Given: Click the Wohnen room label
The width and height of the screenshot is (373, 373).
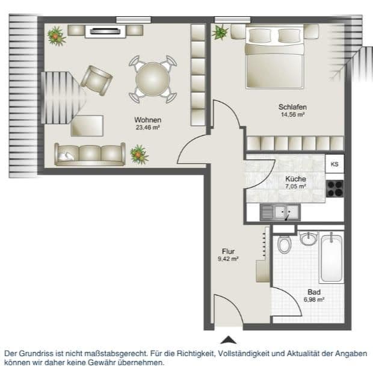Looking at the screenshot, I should point(147,120).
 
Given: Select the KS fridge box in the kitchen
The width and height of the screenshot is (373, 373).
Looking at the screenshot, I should point(334,164).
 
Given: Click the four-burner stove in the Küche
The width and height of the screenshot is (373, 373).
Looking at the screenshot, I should point(334,188).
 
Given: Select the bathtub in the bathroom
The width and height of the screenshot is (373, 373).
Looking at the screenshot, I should point(331,259).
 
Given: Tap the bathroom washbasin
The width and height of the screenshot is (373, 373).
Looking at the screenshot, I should point(309,238).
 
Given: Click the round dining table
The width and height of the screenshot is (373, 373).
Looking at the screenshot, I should point(153,79).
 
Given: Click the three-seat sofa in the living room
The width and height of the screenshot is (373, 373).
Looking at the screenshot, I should point(90,154).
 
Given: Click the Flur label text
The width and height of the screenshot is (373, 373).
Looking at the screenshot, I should point(228,251).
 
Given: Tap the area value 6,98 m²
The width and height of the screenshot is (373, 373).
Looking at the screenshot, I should point(313,299).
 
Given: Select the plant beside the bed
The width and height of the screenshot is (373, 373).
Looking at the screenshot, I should point(221,31).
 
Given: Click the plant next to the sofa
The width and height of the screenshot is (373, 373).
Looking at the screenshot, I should point(140,155).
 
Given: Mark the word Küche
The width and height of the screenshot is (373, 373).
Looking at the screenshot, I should point(295,179).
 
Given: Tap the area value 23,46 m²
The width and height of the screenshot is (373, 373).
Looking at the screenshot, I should point(147,128).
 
